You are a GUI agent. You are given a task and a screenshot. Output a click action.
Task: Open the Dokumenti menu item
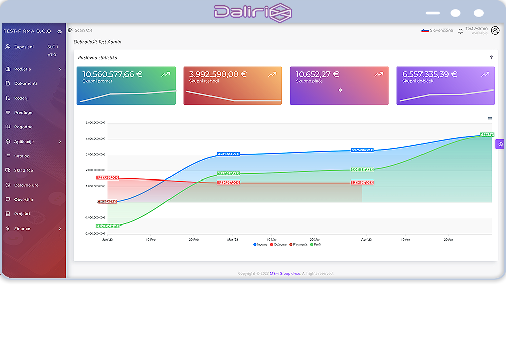(x=25, y=83)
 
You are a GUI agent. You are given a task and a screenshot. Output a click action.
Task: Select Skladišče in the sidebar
(x=23, y=170)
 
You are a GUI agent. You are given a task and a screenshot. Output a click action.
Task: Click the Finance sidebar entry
(x=22, y=229)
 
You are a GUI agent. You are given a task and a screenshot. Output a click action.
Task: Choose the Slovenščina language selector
(x=438, y=31)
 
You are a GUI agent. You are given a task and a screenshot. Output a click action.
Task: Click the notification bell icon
(x=460, y=31)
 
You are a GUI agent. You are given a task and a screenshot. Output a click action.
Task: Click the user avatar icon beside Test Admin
(x=495, y=30)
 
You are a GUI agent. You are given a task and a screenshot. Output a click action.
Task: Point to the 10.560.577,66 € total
(x=112, y=74)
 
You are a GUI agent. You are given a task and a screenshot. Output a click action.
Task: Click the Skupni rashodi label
(x=204, y=81)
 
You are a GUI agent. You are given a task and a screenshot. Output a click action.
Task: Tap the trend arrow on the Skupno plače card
(x=378, y=74)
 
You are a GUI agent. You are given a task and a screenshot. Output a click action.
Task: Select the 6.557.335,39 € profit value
(x=430, y=74)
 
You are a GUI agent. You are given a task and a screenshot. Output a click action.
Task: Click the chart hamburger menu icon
(x=490, y=119)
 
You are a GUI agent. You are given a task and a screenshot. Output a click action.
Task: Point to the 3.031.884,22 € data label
(x=228, y=154)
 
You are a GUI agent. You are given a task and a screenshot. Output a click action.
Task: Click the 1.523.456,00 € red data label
(x=107, y=178)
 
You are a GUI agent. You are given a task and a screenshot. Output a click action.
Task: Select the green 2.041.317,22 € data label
(x=362, y=170)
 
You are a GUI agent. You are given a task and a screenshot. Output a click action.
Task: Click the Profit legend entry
(x=316, y=245)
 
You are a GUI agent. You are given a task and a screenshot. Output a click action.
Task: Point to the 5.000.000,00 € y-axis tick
(x=95, y=123)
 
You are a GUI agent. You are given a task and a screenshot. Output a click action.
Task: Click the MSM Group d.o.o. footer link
(x=285, y=274)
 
